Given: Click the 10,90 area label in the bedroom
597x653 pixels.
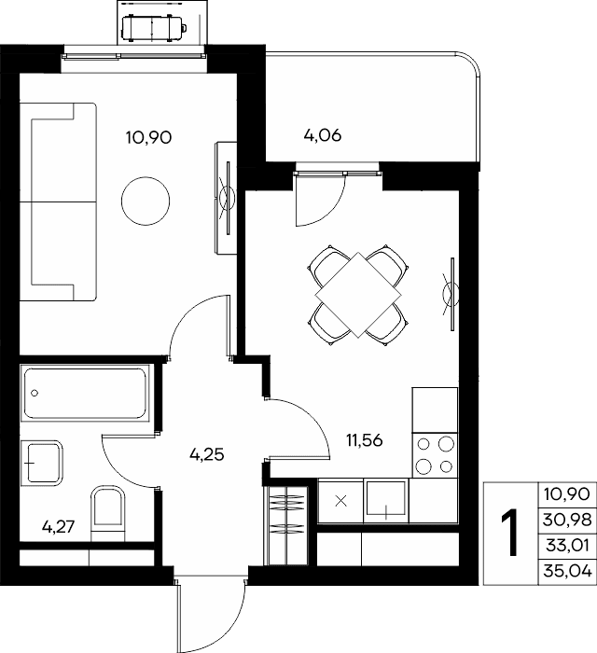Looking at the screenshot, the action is (148, 137).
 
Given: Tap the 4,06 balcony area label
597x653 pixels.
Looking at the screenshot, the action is (323, 135).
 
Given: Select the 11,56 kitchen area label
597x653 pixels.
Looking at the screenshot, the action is (365, 440).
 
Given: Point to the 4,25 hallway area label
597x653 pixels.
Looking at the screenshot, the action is (206, 454).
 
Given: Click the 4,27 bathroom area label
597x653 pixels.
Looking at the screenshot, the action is (58, 527).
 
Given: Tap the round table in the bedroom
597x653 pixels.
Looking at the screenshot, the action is (146, 201).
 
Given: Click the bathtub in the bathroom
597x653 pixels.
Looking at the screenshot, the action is (85, 393).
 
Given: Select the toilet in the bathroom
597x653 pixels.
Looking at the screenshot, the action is (108, 513).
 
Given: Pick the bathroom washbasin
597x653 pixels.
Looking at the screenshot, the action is (42, 463).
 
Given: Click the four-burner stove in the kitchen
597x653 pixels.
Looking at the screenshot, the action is (435, 455).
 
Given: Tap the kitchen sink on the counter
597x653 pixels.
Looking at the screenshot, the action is (386, 501).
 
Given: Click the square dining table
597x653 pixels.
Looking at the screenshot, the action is (358, 295).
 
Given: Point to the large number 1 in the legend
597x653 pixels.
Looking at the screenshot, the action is (510, 533).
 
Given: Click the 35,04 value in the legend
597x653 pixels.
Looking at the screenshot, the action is (567, 572).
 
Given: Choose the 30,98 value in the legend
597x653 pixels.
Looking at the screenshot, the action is (567, 520).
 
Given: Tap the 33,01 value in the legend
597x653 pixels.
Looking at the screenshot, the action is (567, 546).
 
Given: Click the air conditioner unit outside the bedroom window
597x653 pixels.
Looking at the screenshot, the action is (153, 28).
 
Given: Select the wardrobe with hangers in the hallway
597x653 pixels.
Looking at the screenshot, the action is (287, 525).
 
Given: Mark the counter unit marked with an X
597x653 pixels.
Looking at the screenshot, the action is (340, 501).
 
